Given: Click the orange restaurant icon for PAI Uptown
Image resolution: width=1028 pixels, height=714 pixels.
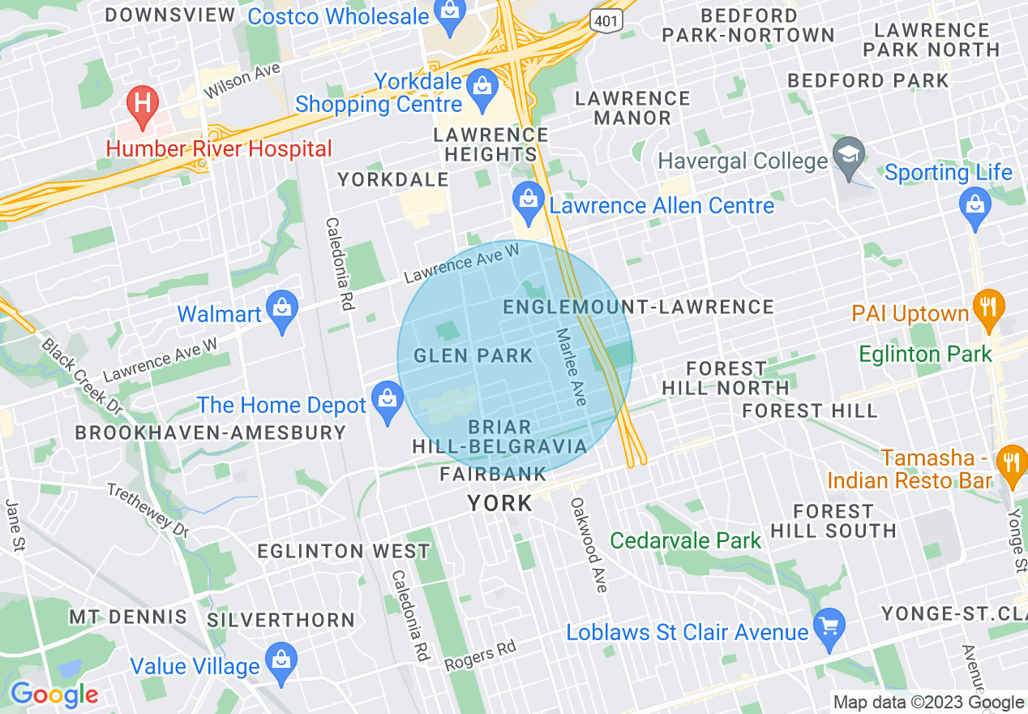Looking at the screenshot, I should point(988,308).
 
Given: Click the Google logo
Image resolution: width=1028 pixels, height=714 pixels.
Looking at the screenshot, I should point(54,695).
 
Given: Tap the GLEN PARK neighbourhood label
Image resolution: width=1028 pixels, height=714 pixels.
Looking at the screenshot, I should point(473,355).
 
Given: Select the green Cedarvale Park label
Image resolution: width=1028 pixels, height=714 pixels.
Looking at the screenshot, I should point(686,540).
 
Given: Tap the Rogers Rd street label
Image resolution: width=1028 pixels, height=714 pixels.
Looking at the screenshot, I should point(480,656).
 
